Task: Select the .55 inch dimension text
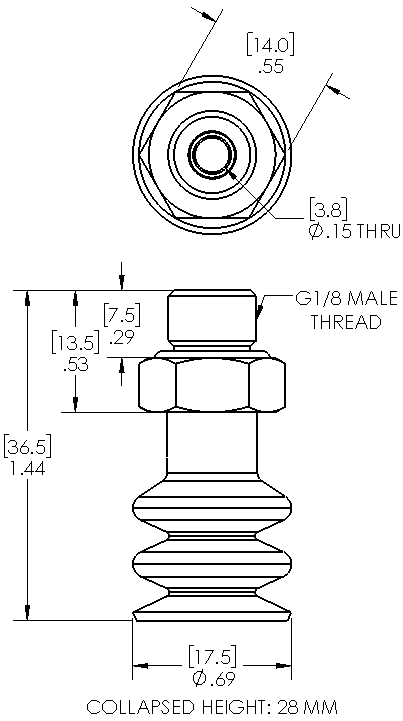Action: click(270, 67)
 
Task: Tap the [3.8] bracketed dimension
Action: click(326, 212)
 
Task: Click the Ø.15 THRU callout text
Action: click(353, 232)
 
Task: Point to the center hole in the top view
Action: click(212, 156)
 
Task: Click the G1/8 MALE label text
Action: click(339, 300)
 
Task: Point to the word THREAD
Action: click(345, 322)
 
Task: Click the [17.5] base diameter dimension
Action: click(212, 657)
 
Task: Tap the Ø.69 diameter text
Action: click(212, 679)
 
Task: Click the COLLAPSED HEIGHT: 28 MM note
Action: click(212, 707)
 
